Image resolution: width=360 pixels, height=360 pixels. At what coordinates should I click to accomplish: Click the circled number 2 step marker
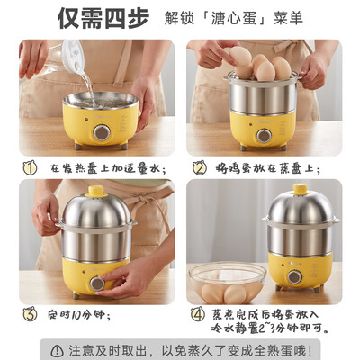[x=199, y=166]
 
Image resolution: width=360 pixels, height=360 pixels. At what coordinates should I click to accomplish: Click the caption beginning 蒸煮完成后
[x=270, y=321]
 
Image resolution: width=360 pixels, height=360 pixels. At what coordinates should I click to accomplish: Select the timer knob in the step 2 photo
[x=263, y=135]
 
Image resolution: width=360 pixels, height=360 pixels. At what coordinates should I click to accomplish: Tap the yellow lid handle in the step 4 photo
[x=300, y=189]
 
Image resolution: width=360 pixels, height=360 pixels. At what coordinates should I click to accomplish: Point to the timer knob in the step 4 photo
[x=294, y=277]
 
